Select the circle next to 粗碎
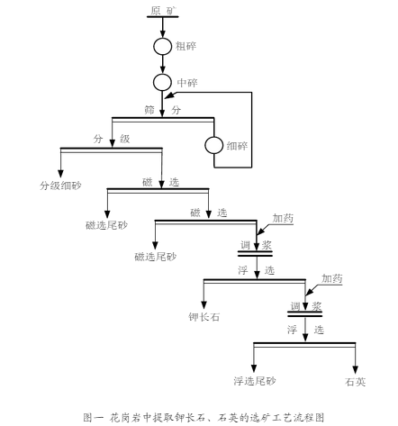coord(163,38)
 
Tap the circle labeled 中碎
coord(162,74)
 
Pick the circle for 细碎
coord(214,137)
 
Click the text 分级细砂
coord(60,186)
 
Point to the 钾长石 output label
coord(204,317)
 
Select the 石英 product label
coord(356,382)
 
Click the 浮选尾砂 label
coord(255,381)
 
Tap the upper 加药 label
coord(283,218)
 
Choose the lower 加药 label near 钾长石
coord(332,278)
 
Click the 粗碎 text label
coord(185,46)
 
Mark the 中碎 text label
coord(187,83)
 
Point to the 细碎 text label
coord(237,146)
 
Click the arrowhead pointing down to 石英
coord(356,369)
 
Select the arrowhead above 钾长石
coord(204,304)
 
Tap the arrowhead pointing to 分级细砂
coord(60,174)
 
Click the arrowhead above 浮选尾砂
coord(254,368)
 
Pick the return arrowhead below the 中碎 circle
coord(169,95)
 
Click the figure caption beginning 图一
coord(204,418)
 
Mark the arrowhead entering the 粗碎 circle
coord(163,33)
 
